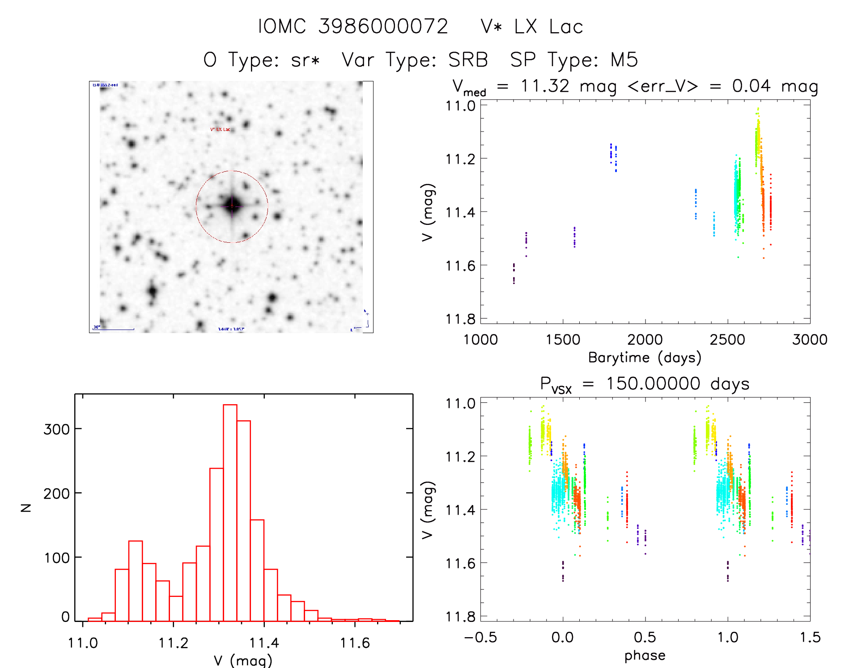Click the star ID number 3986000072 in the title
pyautogui.click(x=383, y=27)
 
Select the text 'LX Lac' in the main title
pyautogui.click(x=548, y=27)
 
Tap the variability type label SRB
pyautogui.click(x=468, y=60)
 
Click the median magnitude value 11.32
pyautogui.click(x=545, y=86)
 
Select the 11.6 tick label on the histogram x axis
pyautogui.click(x=355, y=643)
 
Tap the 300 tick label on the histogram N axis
pyautogui.click(x=56, y=429)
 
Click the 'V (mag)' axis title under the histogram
pyautogui.click(x=243, y=660)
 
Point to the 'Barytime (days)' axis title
pyautogui.click(x=645, y=358)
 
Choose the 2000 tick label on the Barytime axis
pyautogui.click(x=645, y=340)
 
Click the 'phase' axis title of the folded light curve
pyautogui.click(x=645, y=655)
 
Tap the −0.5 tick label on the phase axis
pyautogui.click(x=480, y=638)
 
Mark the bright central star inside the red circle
pyautogui.click(x=232, y=206)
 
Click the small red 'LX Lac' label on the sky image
pyautogui.click(x=220, y=130)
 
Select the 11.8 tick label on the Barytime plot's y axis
pyautogui.click(x=460, y=319)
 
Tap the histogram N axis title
pyautogui.click(x=26, y=507)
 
